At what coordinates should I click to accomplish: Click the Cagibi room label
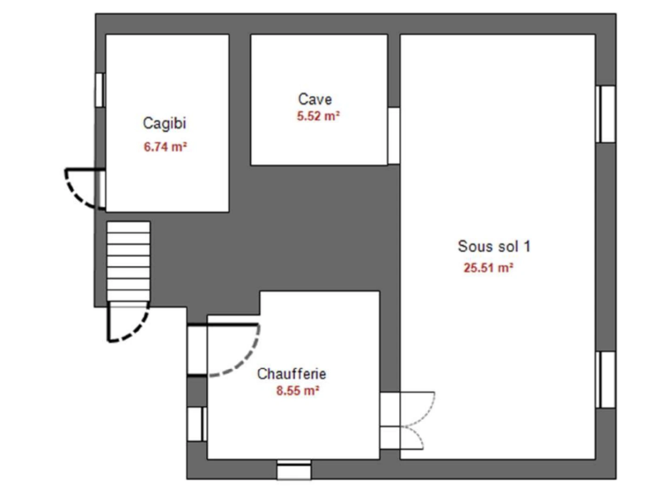click(x=164, y=123)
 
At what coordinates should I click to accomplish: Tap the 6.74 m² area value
click(x=165, y=147)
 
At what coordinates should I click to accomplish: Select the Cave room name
click(x=315, y=99)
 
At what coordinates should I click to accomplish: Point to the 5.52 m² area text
click(x=318, y=116)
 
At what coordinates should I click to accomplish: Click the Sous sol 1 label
click(x=494, y=246)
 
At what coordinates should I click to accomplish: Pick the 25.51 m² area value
click(x=488, y=268)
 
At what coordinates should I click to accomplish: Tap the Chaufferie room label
click(x=292, y=374)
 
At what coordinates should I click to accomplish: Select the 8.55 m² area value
click(x=298, y=390)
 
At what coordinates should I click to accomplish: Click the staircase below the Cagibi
click(x=128, y=261)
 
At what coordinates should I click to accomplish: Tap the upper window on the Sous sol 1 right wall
click(x=605, y=114)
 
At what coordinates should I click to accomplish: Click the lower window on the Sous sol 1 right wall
click(x=605, y=379)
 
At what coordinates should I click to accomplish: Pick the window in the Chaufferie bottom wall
click(x=294, y=469)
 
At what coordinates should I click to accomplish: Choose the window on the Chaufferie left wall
click(x=197, y=423)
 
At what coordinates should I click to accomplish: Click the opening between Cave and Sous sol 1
click(x=393, y=136)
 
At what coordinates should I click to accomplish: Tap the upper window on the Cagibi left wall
click(x=100, y=90)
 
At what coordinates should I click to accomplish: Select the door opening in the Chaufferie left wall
click(x=197, y=350)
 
